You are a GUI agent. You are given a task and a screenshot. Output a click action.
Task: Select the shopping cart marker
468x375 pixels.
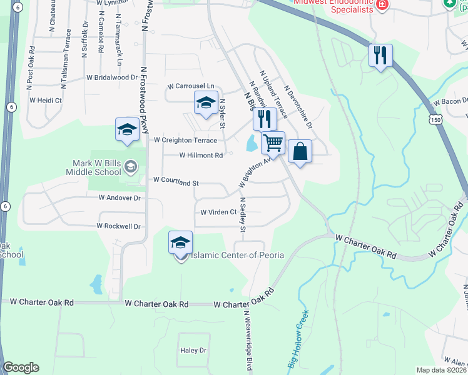(273, 143)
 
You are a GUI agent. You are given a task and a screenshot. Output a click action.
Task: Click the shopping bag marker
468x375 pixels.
(300, 151)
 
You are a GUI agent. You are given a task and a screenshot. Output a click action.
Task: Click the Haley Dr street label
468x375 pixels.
(193, 351)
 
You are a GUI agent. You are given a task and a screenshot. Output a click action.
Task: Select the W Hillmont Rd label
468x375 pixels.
(201, 155)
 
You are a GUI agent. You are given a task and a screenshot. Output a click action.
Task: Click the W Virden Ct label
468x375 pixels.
(218, 212)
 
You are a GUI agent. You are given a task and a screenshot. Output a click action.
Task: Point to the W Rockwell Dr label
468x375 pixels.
(119, 226)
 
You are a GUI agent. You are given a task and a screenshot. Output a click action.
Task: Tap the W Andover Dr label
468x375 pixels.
(120, 197)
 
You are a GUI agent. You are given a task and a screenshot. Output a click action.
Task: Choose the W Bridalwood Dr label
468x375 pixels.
(112, 77)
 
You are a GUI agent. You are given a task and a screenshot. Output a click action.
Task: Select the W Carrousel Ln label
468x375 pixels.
(191, 86)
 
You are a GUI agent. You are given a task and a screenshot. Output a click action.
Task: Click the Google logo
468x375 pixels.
(21, 367)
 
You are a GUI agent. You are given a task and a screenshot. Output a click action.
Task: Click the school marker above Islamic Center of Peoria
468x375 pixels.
(180, 242)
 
